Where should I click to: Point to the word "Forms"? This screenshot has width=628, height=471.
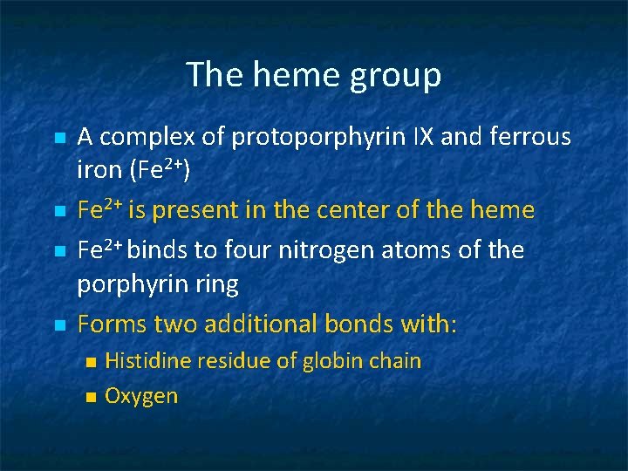(113, 324)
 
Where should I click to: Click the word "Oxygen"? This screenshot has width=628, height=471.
(141, 396)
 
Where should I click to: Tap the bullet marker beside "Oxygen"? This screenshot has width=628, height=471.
(88, 397)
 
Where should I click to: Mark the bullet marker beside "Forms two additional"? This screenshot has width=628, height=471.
(59, 325)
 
